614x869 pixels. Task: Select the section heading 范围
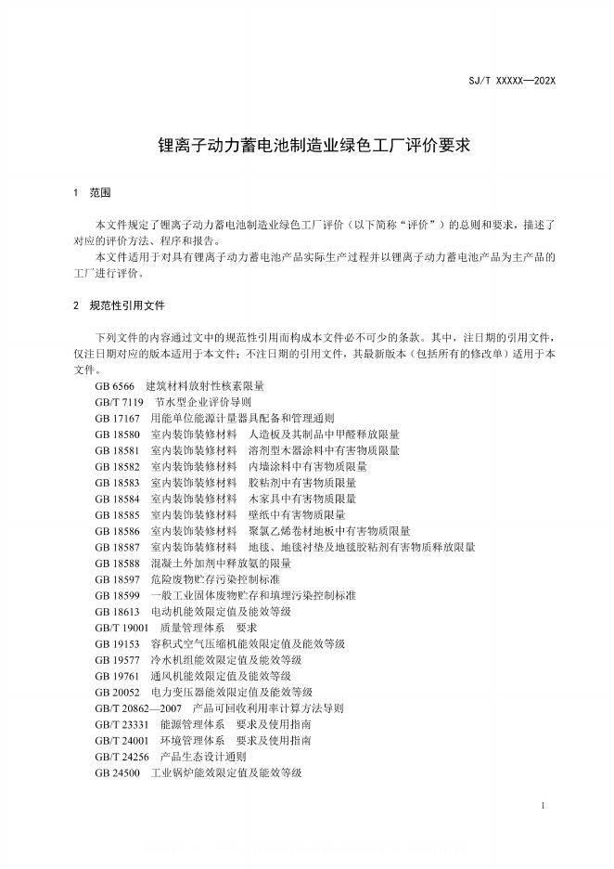100,193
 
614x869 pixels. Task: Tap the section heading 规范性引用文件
127,305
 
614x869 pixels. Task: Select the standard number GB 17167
119,418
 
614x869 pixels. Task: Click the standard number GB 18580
119,434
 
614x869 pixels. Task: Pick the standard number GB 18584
119,499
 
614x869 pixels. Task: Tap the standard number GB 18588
119,564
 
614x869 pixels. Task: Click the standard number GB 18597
119,579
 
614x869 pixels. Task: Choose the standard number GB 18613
119,612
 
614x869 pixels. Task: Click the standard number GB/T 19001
122,628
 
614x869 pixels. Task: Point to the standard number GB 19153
119,643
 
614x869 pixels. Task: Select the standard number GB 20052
119,692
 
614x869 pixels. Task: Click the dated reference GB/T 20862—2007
137,707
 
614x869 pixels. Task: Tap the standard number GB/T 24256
122,756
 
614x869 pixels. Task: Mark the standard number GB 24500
119,772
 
